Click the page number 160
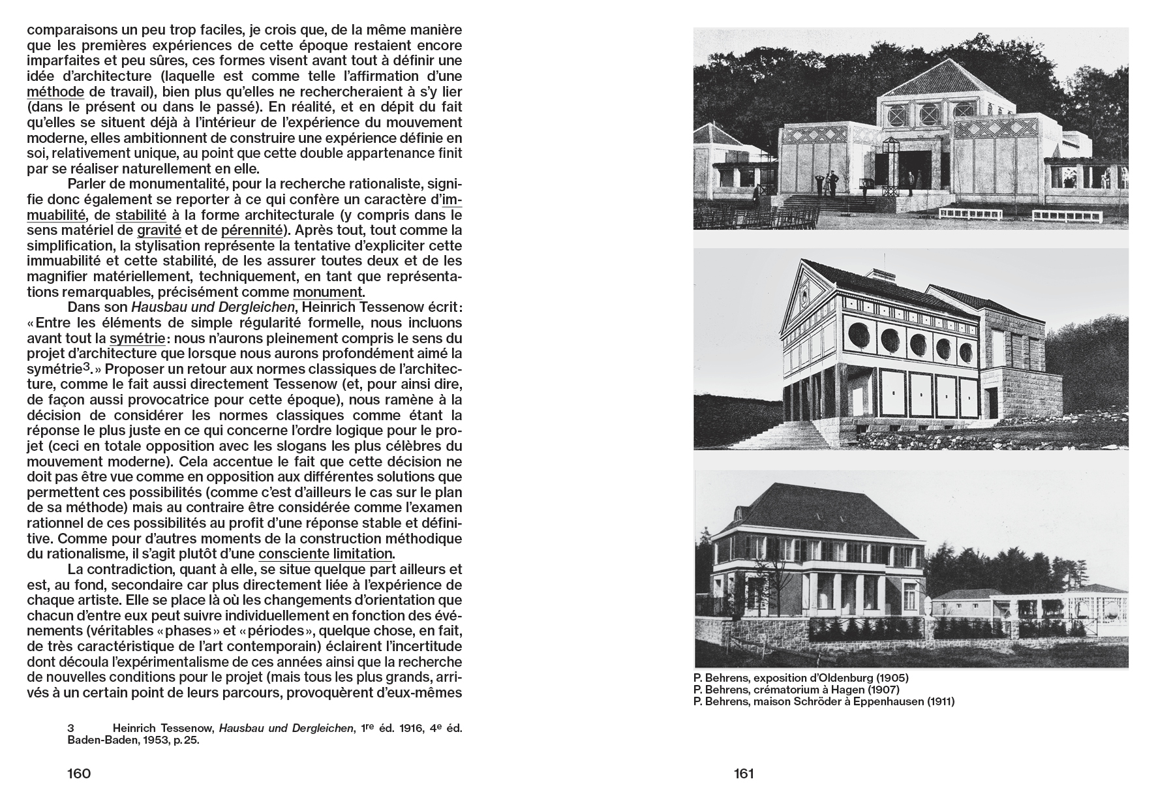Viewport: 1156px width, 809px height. pos(79,774)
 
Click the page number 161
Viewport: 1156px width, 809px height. pos(744,774)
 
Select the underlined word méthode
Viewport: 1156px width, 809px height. pos(55,92)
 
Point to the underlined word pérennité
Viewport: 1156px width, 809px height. pos(252,230)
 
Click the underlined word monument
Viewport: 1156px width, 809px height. pos(328,292)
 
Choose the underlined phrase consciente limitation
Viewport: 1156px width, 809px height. pos(326,554)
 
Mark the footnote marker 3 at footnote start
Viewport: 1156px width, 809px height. pos(70,727)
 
